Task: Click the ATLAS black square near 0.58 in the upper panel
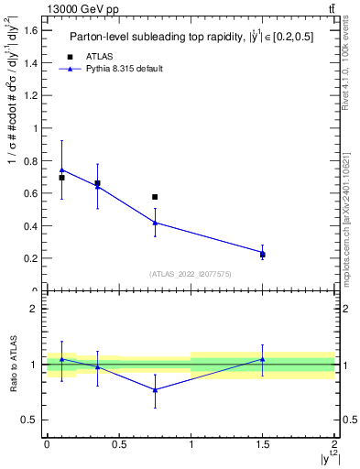pyautogui.click(x=155, y=197)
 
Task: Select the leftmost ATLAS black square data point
pyautogui.click(x=61, y=178)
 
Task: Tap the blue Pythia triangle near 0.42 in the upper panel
pyautogui.click(x=155, y=223)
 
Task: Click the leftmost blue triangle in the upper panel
pyautogui.click(x=61, y=169)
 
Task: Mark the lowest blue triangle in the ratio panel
pyautogui.click(x=155, y=389)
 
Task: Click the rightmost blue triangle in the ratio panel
pyautogui.click(x=263, y=359)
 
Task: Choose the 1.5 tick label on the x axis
pyautogui.click(x=263, y=443)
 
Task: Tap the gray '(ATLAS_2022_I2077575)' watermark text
pyautogui.click(x=191, y=273)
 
